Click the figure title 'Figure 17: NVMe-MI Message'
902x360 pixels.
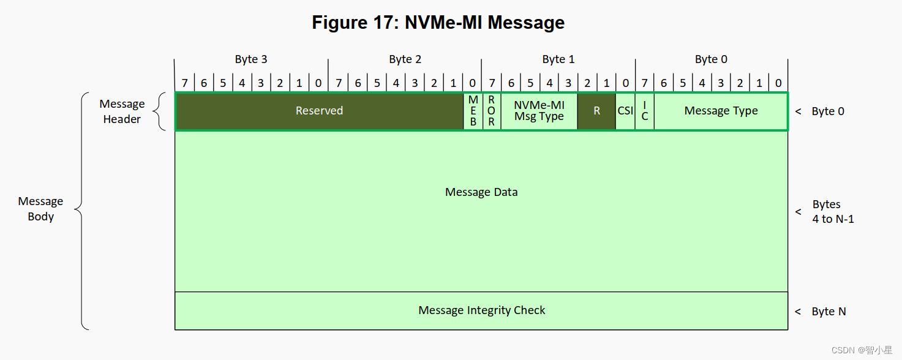click(x=438, y=23)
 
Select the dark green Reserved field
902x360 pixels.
click(x=319, y=111)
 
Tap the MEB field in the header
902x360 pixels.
click(x=473, y=111)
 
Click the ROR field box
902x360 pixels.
click(x=491, y=111)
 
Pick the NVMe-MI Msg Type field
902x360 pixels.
click(x=539, y=111)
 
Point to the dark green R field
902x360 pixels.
click(x=596, y=111)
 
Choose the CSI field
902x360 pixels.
click(x=625, y=111)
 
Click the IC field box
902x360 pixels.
click(x=645, y=111)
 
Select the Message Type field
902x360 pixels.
click(x=721, y=111)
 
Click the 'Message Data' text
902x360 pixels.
click(x=481, y=192)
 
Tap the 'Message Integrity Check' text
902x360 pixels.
click(x=481, y=310)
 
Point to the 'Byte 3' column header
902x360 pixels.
click(x=251, y=59)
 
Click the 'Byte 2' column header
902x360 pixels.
click(x=405, y=59)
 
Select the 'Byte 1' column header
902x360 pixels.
click(x=558, y=59)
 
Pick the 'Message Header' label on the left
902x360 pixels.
click(x=122, y=111)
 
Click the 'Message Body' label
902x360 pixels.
click(x=40, y=209)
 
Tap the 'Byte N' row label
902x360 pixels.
click(x=829, y=312)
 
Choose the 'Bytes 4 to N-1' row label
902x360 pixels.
click(x=833, y=212)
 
